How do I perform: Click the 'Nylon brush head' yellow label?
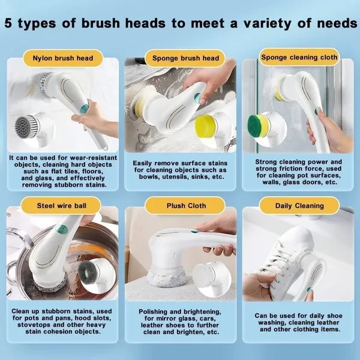(x=62, y=58)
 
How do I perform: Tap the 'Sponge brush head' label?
(x=185, y=58)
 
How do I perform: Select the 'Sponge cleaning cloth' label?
(x=299, y=57)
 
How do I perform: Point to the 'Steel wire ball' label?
(x=61, y=205)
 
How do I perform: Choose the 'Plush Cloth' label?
(x=185, y=205)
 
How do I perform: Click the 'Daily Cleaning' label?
(x=299, y=205)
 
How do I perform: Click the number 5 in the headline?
(x=8, y=23)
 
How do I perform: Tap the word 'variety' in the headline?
(x=267, y=23)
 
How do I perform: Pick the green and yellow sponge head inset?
(x=257, y=125)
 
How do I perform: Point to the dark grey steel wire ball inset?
(x=88, y=273)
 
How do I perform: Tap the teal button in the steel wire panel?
(x=62, y=229)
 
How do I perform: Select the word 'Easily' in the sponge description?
(x=142, y=164)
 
